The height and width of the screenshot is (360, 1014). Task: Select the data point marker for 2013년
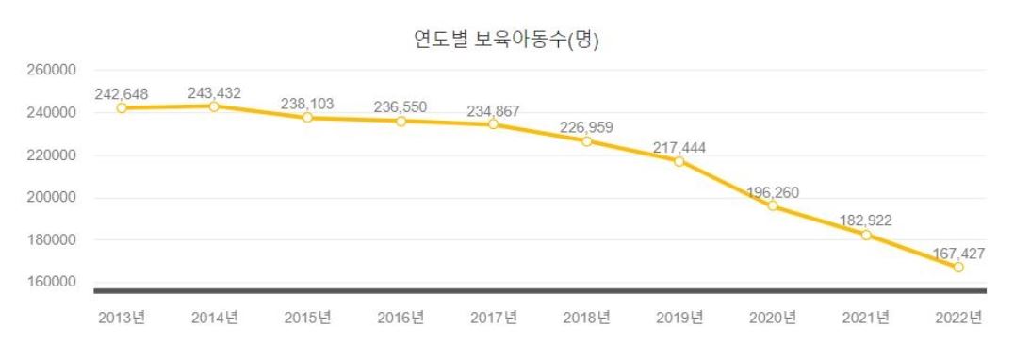coord(122,107)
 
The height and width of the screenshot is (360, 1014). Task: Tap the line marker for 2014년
coord(214,106)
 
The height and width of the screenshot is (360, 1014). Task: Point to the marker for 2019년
coord(679,161)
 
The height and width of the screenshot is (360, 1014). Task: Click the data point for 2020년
coord(773,205)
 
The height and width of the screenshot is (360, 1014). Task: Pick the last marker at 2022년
coord(958,267)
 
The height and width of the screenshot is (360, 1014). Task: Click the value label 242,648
coord(122,93)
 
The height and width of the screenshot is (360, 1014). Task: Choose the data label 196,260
coord(773,191)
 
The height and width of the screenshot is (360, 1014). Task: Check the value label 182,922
coord(865,221)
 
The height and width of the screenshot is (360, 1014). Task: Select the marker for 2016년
coord(401,121)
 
